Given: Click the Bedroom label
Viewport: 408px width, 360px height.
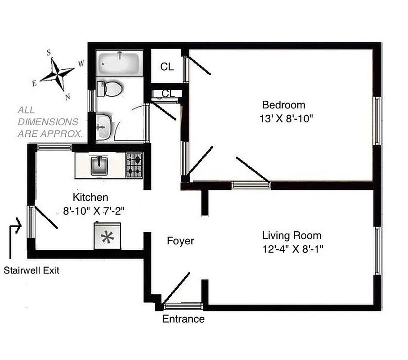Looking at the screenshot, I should click(283, 105).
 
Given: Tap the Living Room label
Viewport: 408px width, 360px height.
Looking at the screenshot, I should click(291, 235).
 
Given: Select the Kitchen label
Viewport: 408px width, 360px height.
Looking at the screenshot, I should click(90, 197).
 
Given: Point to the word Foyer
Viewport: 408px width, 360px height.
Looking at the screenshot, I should click(180, 241).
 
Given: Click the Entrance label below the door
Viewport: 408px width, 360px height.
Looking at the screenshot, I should click(183, 319).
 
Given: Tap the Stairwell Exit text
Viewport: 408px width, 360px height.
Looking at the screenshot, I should click(31, 270).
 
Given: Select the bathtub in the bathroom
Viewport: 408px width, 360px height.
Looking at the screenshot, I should click(120, 63).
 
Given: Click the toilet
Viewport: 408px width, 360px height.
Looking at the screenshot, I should click(110, 89).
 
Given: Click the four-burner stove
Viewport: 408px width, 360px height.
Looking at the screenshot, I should click(134, 165).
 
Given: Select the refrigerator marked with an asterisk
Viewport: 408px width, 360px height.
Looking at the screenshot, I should click(107, 236).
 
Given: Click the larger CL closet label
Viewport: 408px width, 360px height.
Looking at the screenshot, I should click(167, 67).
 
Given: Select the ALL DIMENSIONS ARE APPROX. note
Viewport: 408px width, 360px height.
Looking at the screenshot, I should click(50, 122).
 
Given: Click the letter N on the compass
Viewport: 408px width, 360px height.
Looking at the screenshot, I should click(67, 96).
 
